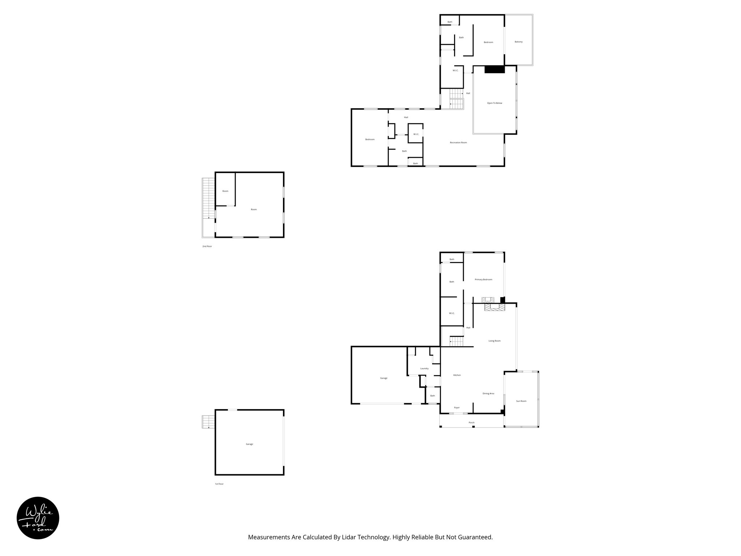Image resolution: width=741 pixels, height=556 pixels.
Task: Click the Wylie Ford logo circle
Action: [x=38, y=518]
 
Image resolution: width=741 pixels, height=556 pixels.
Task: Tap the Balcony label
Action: [x=518, y=42]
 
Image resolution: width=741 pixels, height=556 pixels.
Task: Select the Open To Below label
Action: [x=494, y=103]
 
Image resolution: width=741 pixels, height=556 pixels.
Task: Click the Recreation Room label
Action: [x=458, y=143]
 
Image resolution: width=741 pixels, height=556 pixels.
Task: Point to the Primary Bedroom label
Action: [x=483, y=279]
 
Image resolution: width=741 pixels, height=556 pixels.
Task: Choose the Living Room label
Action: [x=494, y=341]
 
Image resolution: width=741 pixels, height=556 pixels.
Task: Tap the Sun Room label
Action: [x=521, y=401]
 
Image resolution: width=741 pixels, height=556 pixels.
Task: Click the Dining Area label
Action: [x=488, y=393]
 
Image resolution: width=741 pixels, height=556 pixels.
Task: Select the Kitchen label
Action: [x=457, y=375]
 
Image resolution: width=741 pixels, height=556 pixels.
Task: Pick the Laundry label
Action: [x=424, y=368]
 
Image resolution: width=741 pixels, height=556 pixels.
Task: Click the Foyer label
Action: [x=457, y=408]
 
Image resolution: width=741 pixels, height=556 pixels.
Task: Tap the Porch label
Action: [x=471, y=422]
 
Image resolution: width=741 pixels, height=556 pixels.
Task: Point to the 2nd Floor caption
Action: [x=207, y=246]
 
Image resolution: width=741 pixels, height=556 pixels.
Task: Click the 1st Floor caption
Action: [x=219, y=484]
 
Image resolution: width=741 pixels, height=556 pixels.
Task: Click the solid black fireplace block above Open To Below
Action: [x=494, y=69]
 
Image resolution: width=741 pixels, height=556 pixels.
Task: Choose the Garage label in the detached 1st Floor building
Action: [x=249, y=444]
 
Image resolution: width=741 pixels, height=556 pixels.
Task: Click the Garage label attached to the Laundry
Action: [x=384, y=378]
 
